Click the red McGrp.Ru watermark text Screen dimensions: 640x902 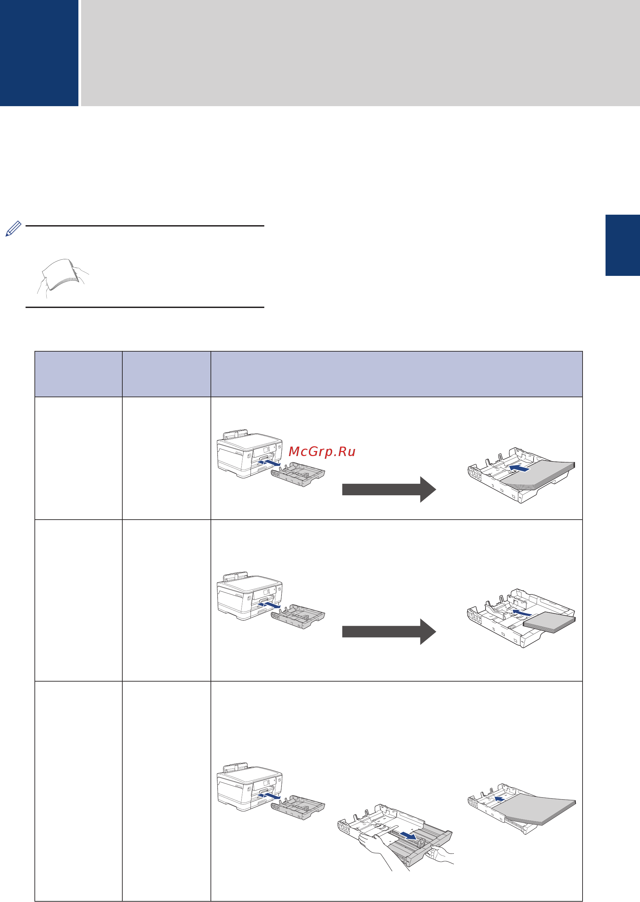(322, 451)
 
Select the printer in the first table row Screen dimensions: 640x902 (250, 454)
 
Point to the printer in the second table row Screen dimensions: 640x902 (250, 596)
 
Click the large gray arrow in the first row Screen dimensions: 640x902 (389, 489)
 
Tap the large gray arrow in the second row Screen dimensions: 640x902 (389, 632)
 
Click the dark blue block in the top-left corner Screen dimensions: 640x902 (39, 53)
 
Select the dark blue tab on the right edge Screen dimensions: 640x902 (623, 245)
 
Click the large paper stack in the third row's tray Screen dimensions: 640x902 (534, 809)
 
